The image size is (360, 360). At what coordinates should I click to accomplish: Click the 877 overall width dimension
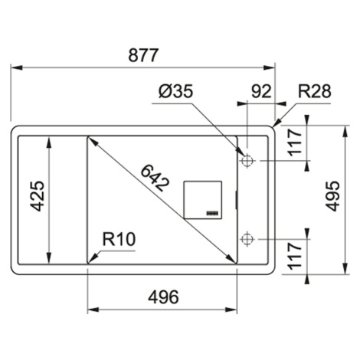(x=143, y=55)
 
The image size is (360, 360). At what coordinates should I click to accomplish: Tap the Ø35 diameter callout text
(x=175, y=91)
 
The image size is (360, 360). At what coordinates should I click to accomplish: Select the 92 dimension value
(x=261, y=92)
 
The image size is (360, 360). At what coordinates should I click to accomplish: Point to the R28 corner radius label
(x=315, y=91)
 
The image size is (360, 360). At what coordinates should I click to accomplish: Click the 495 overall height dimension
(x=333, y=196)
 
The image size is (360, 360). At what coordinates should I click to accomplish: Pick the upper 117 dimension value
(x=295, y=142)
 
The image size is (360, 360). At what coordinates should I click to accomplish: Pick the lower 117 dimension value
(x=295, y=256)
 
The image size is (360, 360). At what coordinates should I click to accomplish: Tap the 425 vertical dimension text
(x=38, y=196)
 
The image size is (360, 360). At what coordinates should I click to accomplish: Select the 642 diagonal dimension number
(x=155, y=178)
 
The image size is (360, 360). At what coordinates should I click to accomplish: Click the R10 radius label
(x=119, y=239)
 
